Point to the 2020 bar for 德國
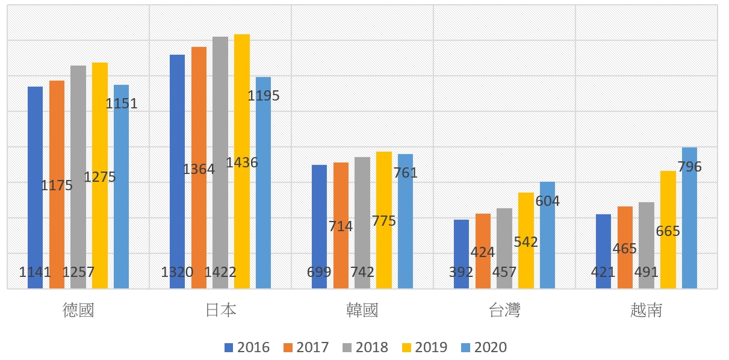(x=121, y=199)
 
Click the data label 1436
(x=242, y=163)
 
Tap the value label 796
(x=689, y=167)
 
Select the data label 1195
(x=264, y=96)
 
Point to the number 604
(x=547, y=201)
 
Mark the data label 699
(x=319, y=272)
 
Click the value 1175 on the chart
(x=57, y=185)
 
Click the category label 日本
(x=220, y=310)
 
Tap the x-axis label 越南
(x=646, y=310)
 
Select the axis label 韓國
(x=362, y=310)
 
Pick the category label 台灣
(x=504, y=310)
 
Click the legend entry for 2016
(x=247, y=347)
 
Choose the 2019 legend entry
(x=424, y=347)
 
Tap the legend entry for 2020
(x=483, y=347)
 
